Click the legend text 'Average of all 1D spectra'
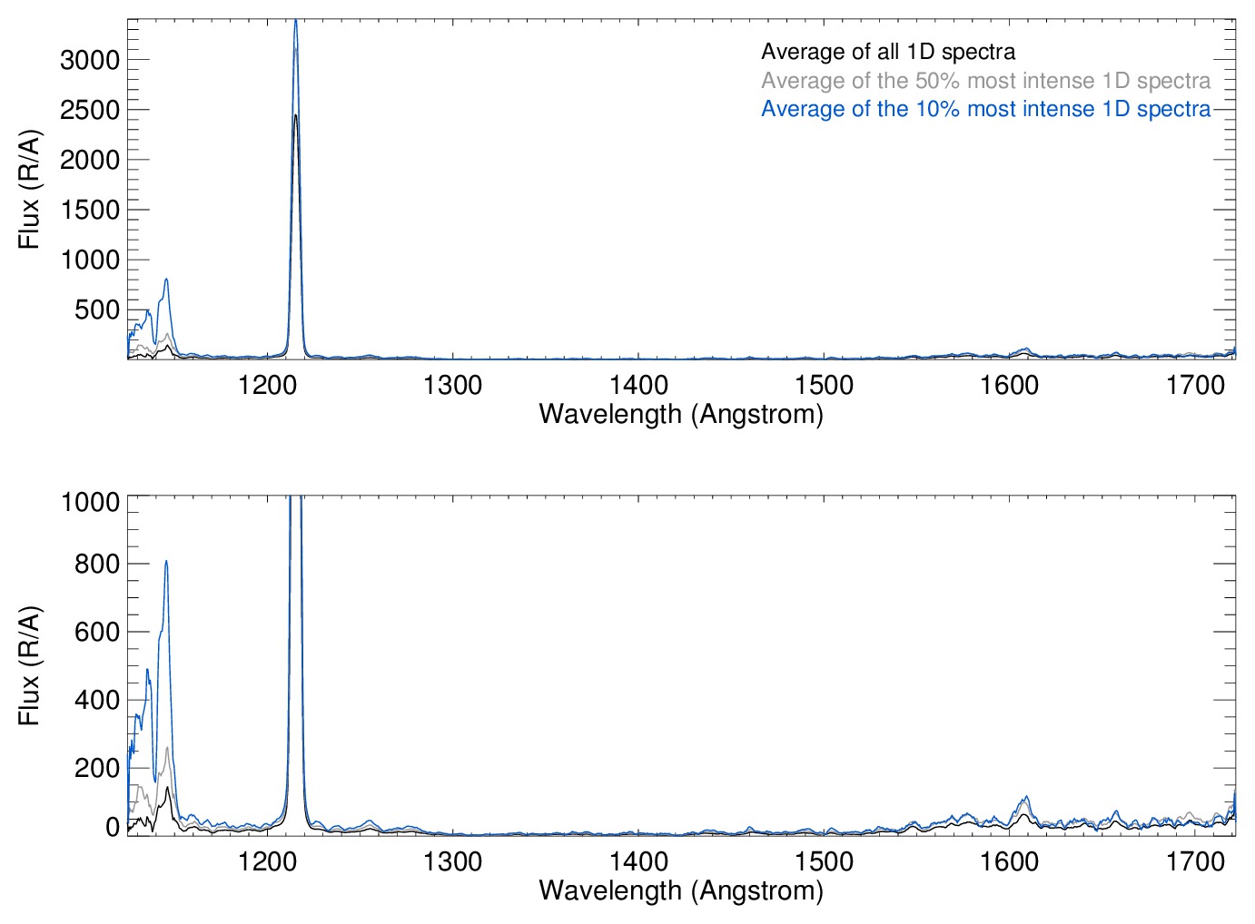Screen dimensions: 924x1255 coord(887,52)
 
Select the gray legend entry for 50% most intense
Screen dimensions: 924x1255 coord(985,81)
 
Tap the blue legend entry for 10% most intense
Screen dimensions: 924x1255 coord(985,109)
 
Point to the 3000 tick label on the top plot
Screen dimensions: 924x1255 coord(89,60)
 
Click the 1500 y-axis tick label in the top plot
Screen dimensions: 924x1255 coord(89,210)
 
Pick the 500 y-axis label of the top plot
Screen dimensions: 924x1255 coord(97,310)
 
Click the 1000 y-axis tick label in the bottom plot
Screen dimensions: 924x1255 coord(89,502)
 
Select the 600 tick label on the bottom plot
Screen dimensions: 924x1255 coord(97,632)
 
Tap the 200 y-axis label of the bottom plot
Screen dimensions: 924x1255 coord(97,768)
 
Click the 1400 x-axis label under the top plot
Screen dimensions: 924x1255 coord(638,385)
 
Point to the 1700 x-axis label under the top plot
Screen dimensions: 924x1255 coord(1195,385)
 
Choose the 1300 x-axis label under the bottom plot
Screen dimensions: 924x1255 coord(453,860)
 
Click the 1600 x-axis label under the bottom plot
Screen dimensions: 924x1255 coord(1009,860)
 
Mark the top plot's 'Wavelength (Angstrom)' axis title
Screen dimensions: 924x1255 coord(681,415)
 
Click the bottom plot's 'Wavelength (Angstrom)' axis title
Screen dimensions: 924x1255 coord(681,890)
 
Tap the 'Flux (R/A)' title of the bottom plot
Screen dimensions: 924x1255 coord(29,665)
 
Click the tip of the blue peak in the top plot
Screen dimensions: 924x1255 coord(295,22)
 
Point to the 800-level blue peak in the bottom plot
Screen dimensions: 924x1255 coord(166,562)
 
